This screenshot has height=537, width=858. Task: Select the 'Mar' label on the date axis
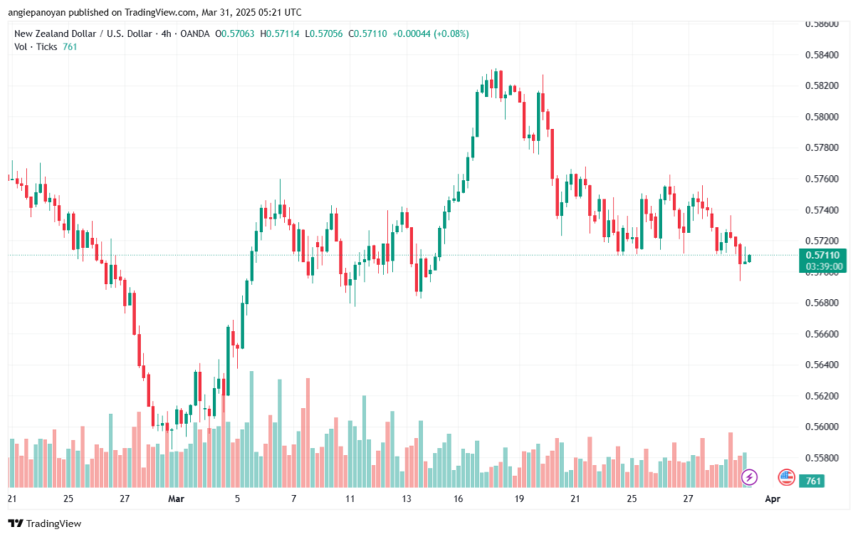pos(176,498)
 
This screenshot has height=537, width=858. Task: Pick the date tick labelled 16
pos(459,498)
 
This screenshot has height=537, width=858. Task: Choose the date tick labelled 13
pos(407,498)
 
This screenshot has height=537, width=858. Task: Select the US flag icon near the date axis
pos(786,477)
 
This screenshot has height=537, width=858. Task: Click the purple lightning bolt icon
pos(750,477)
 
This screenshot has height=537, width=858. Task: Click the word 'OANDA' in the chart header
pos(193,34)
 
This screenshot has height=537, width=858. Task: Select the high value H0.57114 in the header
pos(286,34)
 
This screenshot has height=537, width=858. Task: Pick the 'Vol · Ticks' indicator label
pos(36,47)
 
